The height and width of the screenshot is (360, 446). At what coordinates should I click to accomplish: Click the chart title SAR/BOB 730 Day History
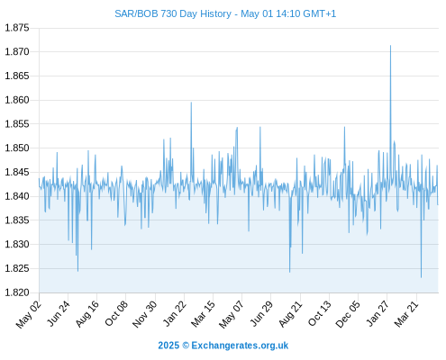(x=173, y=13)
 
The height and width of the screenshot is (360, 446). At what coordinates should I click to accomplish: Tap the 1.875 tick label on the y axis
(x=17, y=28)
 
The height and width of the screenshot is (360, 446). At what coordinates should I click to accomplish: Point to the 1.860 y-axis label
(x=17, y=100)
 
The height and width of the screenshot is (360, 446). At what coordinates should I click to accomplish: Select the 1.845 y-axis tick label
(x=17, y=172)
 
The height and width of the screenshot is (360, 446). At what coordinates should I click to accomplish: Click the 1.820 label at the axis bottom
(x=17, y=292)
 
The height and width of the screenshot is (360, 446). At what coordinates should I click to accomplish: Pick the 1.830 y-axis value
(x=17, y=244)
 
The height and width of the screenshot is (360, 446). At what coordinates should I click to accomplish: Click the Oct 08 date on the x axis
(x=116, y=313)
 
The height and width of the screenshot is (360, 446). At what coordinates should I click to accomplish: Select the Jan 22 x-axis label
(x=175, y=313)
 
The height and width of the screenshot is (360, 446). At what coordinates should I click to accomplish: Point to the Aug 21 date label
(x=290, y=314)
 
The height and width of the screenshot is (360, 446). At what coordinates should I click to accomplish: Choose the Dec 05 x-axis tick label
(x=348, y=314)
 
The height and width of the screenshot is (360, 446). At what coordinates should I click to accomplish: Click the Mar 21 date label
(x=406, y=314)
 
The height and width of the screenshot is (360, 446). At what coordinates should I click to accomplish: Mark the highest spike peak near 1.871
(x=390, y=46)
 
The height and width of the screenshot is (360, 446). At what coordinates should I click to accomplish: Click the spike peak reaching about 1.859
(x=191, y=103)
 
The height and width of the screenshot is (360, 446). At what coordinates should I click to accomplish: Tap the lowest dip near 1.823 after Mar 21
(x=421, y=277)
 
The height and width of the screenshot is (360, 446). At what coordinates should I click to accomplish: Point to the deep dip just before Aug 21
(x=289, y=272)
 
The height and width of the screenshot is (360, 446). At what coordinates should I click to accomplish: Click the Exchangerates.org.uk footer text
(x=240, y=346)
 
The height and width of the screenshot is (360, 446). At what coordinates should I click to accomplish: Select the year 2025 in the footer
(x=168, y=346)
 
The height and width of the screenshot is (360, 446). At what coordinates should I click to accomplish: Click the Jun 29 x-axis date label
(x=261, y=313)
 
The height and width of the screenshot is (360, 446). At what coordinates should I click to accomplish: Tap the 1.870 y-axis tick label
(x=17, y=52)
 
